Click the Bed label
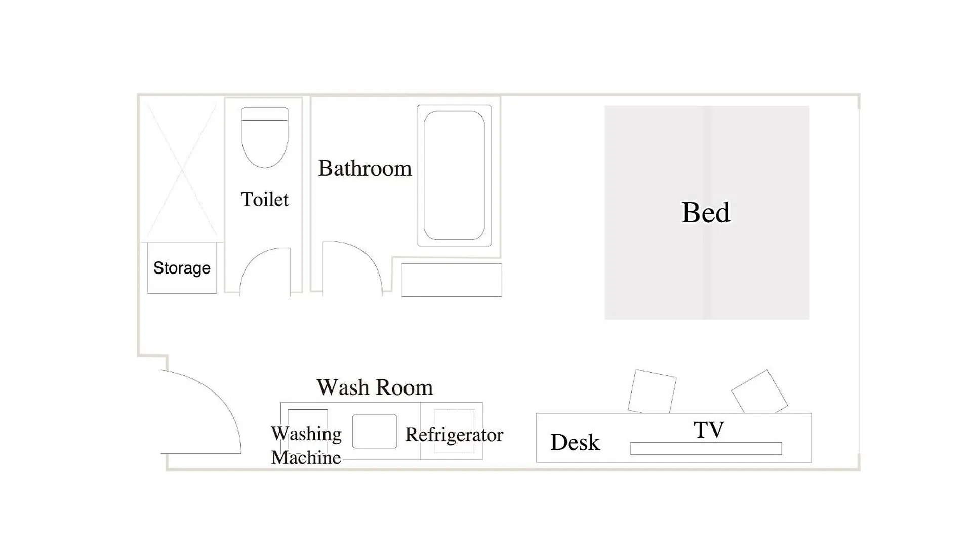click(x=706, y=212)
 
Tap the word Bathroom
click(x=364, y=168)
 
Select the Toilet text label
click(x=264, y=199)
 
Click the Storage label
click(x=182, y=268)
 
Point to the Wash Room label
click(x=375, y=387)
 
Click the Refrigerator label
click(x=454, y=435)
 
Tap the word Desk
click(x=575, y=442)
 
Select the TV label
click(x=709, y=430)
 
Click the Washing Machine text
click(x=306, y=446)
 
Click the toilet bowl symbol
click(x=265, y=137)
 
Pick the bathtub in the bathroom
click(x=454, y=175)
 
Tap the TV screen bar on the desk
click(x=706, y=448)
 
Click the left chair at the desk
click(x=652, y=392)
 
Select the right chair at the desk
click(x=759, y=392)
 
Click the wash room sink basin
click(x=375, y=431)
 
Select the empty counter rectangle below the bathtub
click(x=452, y=280)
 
